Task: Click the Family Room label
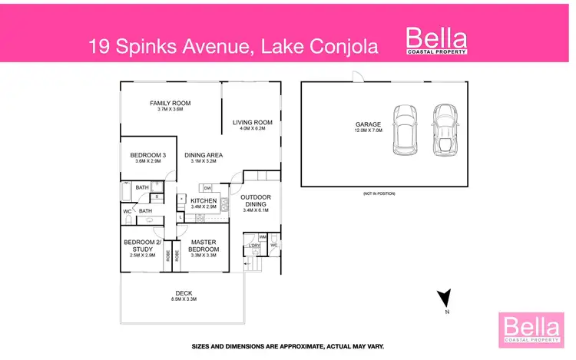(x=170, y=103)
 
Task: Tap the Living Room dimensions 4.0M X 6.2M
(x=253, y=129)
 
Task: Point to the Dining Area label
(x=203, y=156)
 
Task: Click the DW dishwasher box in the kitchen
(x=207, y=187)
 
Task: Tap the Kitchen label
(x=204, y=201)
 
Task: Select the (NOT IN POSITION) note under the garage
(x=379, y=194)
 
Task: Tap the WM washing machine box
(x=262, y=237)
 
